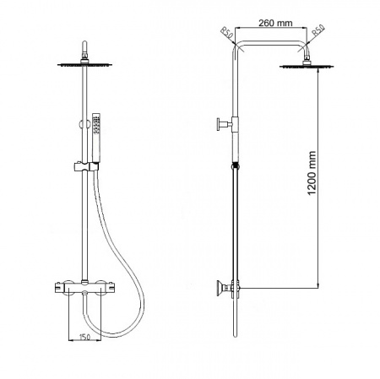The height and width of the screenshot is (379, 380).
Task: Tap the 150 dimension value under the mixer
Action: click(84, 338)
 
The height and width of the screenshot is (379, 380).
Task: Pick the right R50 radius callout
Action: click(318, 34)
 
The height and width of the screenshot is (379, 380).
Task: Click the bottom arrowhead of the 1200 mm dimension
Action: click(318, 287)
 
